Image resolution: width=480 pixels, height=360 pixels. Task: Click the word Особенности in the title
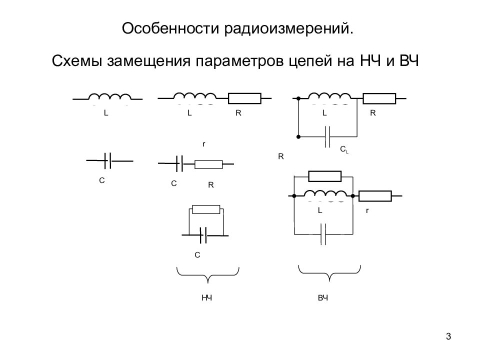[171, 28]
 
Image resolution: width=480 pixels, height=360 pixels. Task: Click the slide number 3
[448, 336]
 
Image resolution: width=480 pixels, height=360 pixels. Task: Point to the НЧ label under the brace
[207, 298]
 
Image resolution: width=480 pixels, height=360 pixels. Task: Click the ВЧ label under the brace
[323, 298]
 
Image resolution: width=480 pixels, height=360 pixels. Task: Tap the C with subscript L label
[344, 149]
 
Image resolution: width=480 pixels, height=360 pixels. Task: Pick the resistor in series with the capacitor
[208, 164]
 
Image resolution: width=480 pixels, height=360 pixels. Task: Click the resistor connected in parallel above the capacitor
[206, 209]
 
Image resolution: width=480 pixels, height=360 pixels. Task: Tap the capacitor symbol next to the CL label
[327, 136]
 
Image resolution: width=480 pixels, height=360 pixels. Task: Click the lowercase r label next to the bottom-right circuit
[367, 210]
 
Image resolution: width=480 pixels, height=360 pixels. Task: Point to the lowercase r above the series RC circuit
[204, 144]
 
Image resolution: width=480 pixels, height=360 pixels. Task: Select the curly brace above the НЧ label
[208, 274]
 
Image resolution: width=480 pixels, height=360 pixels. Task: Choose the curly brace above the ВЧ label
[329, 273]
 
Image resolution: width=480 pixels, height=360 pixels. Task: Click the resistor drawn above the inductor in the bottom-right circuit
[325, 176]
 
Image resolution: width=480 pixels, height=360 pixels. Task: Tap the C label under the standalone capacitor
[102, 180]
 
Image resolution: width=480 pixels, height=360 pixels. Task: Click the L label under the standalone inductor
[106, 113]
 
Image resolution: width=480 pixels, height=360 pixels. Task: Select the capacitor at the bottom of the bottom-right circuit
[323, 234]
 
